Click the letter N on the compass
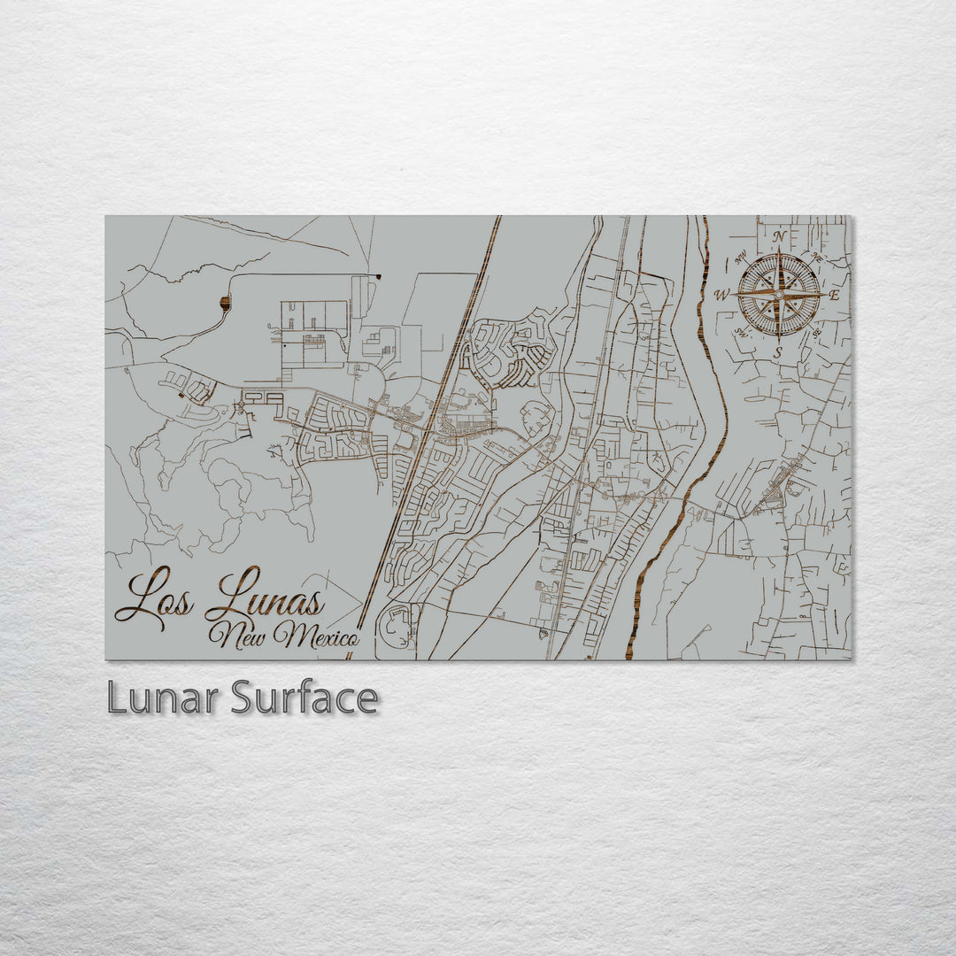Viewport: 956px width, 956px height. click(x=779, y=236)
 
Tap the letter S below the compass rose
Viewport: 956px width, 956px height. click(x=778, y=351)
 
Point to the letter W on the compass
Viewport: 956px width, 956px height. click(x=722, y=295)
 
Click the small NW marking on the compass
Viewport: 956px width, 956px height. click(x=741, y=262)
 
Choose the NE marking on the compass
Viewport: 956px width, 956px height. click(x=816, y=258)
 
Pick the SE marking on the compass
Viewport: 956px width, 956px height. click(x=816, y=332)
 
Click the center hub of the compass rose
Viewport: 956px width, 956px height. click(x=779, y=294)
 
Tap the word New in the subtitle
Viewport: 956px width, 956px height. click(x=237, y=635)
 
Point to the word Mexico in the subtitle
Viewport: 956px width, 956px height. click(x=315, y=636)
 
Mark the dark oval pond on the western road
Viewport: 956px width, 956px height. click(x=225, y=303)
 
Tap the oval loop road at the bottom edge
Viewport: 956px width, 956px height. click(x=395, y=627)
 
